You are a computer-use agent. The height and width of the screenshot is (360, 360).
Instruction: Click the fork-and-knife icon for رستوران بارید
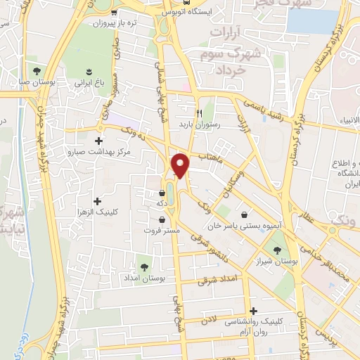[x=199, y=112]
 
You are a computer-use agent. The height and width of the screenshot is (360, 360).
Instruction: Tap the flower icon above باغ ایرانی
[x=89, y=71]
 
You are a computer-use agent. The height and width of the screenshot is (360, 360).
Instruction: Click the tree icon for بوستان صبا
[x=36, y=71]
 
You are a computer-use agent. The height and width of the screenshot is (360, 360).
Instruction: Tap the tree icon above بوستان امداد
[x=144, y=267]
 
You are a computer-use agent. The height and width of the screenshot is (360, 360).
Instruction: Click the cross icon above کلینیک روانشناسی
[x=253, y=310]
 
